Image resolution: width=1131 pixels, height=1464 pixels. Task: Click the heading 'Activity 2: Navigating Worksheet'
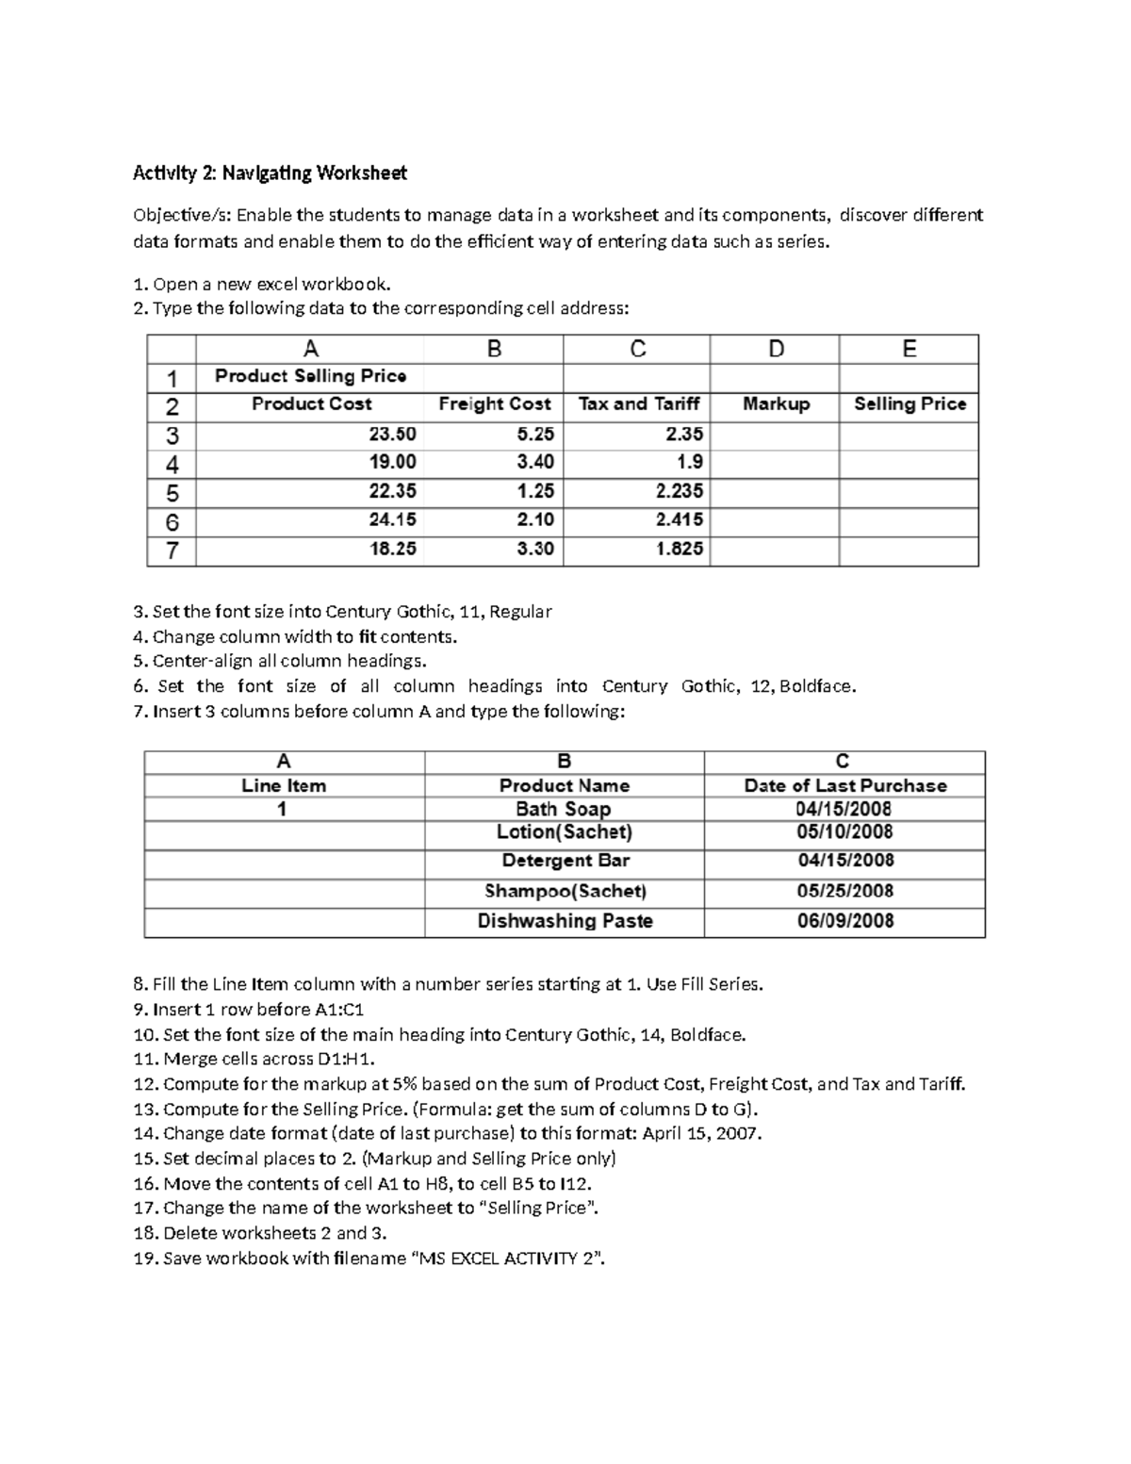point(270,173)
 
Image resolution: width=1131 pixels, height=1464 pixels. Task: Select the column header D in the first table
point(775,350)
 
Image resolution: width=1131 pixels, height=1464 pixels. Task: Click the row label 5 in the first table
point(172,492)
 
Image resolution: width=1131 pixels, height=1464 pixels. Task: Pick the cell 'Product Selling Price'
point(310,376)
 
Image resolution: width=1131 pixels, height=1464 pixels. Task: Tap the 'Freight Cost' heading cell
point(494,404)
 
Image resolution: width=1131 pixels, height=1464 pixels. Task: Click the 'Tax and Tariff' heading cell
point(638,404)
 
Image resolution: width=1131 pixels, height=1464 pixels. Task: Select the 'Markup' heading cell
point(776,404)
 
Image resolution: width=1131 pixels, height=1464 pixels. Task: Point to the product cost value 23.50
point(392,435)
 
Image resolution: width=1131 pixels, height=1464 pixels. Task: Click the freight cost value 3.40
point(534,463)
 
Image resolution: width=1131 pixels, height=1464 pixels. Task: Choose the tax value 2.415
point(679,520)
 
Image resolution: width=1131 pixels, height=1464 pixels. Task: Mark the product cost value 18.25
point(392,549)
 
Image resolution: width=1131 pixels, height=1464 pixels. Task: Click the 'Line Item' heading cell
point(284,785)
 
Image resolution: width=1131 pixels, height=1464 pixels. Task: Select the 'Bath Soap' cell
point(564,809)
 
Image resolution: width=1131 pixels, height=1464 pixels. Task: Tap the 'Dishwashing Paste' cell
point(565,921)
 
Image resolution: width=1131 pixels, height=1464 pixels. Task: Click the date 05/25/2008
point(844,891)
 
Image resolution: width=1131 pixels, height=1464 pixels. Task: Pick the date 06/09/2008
point(844,921)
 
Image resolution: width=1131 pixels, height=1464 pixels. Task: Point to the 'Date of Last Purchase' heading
point(844,785)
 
